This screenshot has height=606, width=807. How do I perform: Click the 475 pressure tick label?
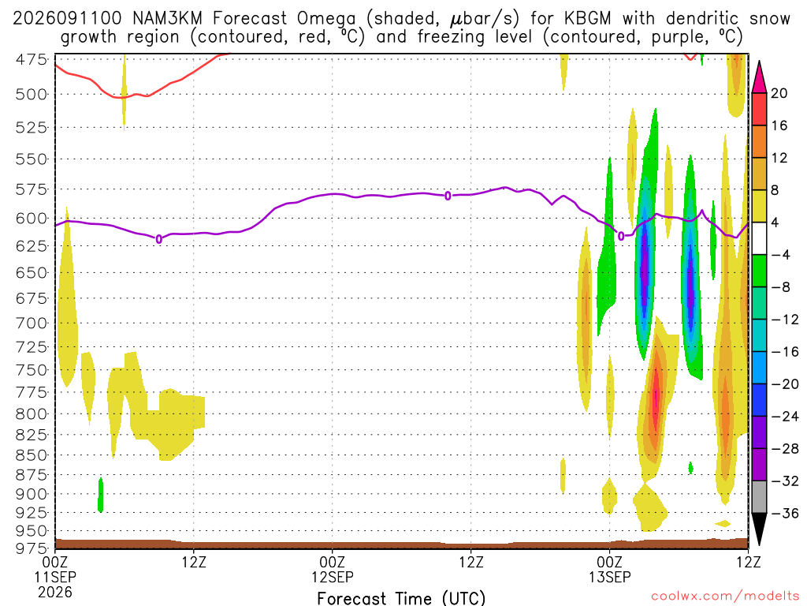pos(31,60)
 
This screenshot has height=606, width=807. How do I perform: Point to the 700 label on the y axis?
pos(31,324)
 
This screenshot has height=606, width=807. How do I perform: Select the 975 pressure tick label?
pos(31,548)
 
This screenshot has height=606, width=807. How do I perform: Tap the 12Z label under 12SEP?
pos(471,562)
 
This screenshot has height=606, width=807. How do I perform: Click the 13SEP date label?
pos(610,577)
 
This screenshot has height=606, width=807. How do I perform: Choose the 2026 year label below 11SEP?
pos(55,592)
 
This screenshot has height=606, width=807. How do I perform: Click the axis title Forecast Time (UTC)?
pos(401,598)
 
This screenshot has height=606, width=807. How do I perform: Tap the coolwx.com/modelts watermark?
pos(725,597)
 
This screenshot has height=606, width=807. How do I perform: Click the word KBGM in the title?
pos(588,19)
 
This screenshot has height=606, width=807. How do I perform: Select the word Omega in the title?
pos(325,19)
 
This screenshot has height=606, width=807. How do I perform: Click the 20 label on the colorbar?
pos(779,93)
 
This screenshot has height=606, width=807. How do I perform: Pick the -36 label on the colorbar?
pos(784,513)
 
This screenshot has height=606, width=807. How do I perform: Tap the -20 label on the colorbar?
pos(784,384)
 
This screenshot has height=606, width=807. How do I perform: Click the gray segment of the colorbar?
pos(759,497)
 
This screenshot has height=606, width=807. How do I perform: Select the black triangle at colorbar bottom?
pos(759,526)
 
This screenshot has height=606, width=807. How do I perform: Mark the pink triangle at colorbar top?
pos(759,78)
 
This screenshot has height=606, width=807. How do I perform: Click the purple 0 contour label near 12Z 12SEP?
pos(448,196)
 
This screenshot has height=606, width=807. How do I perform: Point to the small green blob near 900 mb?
pos(100,495)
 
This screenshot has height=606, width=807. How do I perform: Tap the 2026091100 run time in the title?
pos(68,19)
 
